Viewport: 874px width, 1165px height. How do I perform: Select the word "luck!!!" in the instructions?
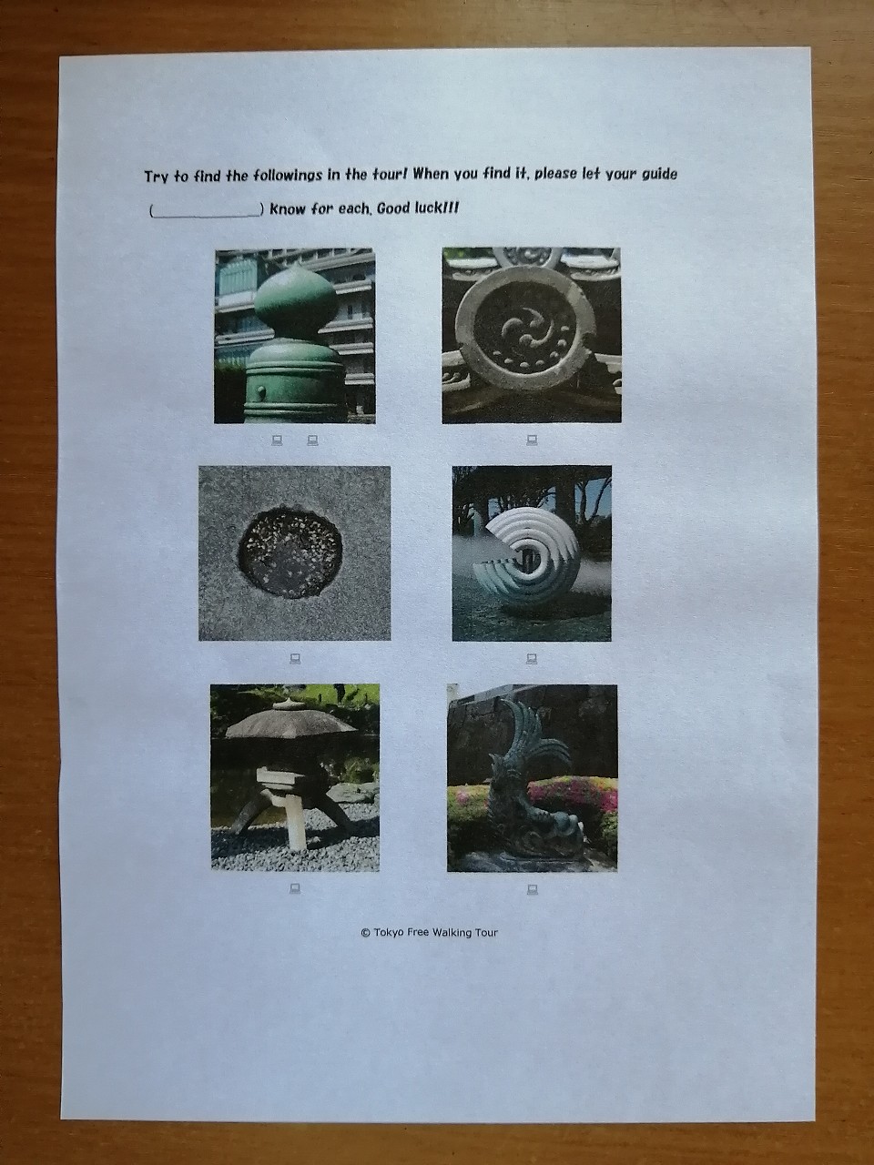(438, 208)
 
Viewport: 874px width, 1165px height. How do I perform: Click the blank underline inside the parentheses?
(206, 216)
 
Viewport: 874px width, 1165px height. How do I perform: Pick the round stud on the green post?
(261, 391)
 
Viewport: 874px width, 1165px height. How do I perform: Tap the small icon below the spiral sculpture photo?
(531, 659)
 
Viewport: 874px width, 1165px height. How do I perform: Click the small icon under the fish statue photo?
(532, 889)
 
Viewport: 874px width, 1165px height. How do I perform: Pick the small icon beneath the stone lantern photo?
(295, 887)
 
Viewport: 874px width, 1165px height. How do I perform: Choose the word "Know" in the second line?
(288, 208)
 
